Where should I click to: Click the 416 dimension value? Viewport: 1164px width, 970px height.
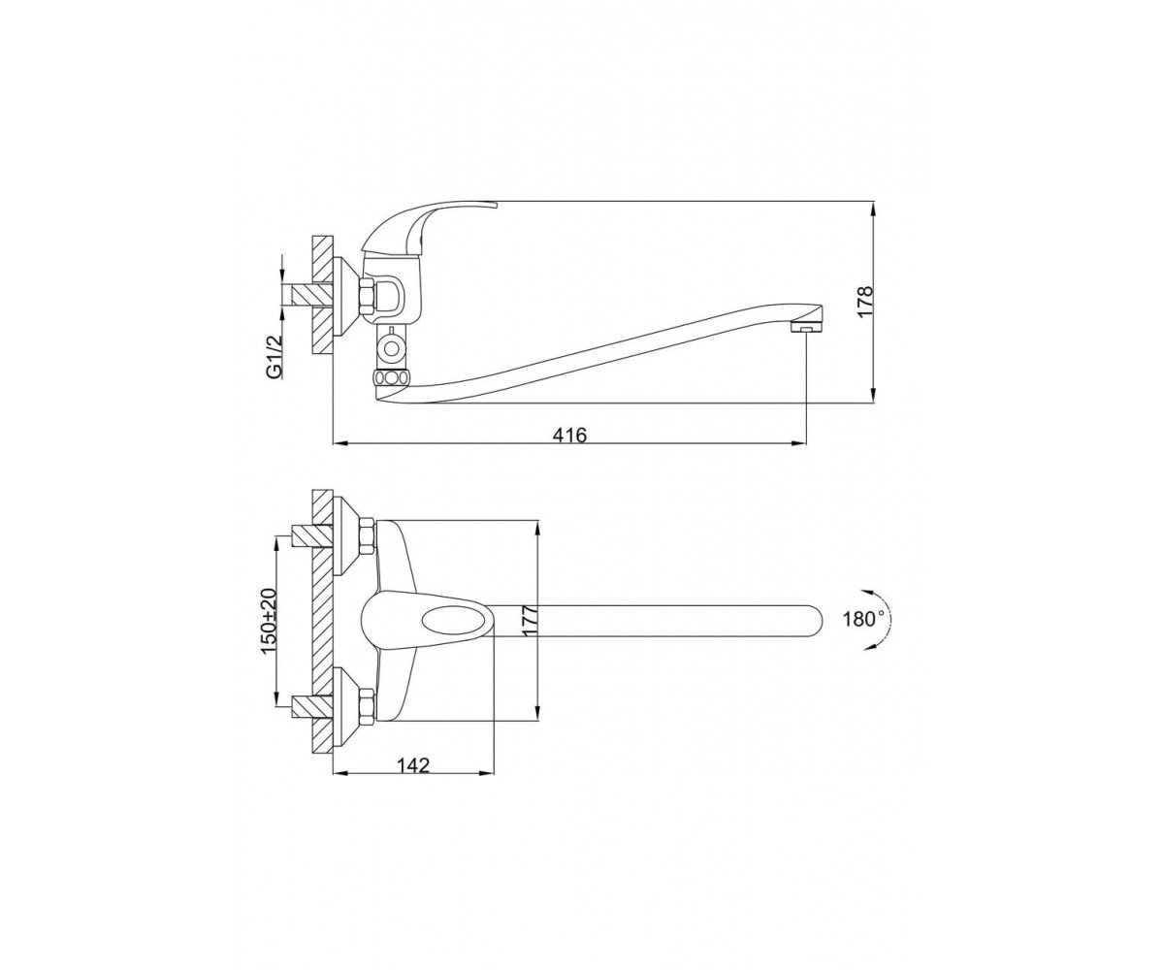click(x=569, y=434)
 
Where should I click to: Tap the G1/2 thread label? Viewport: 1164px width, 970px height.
click(x=274, y=357)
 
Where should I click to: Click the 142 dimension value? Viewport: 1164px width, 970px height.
click(x=413, y=765)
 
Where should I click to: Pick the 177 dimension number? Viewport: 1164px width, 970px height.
click(x=531, y=621)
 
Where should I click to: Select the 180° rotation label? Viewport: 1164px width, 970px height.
click(x=863, y=619)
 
